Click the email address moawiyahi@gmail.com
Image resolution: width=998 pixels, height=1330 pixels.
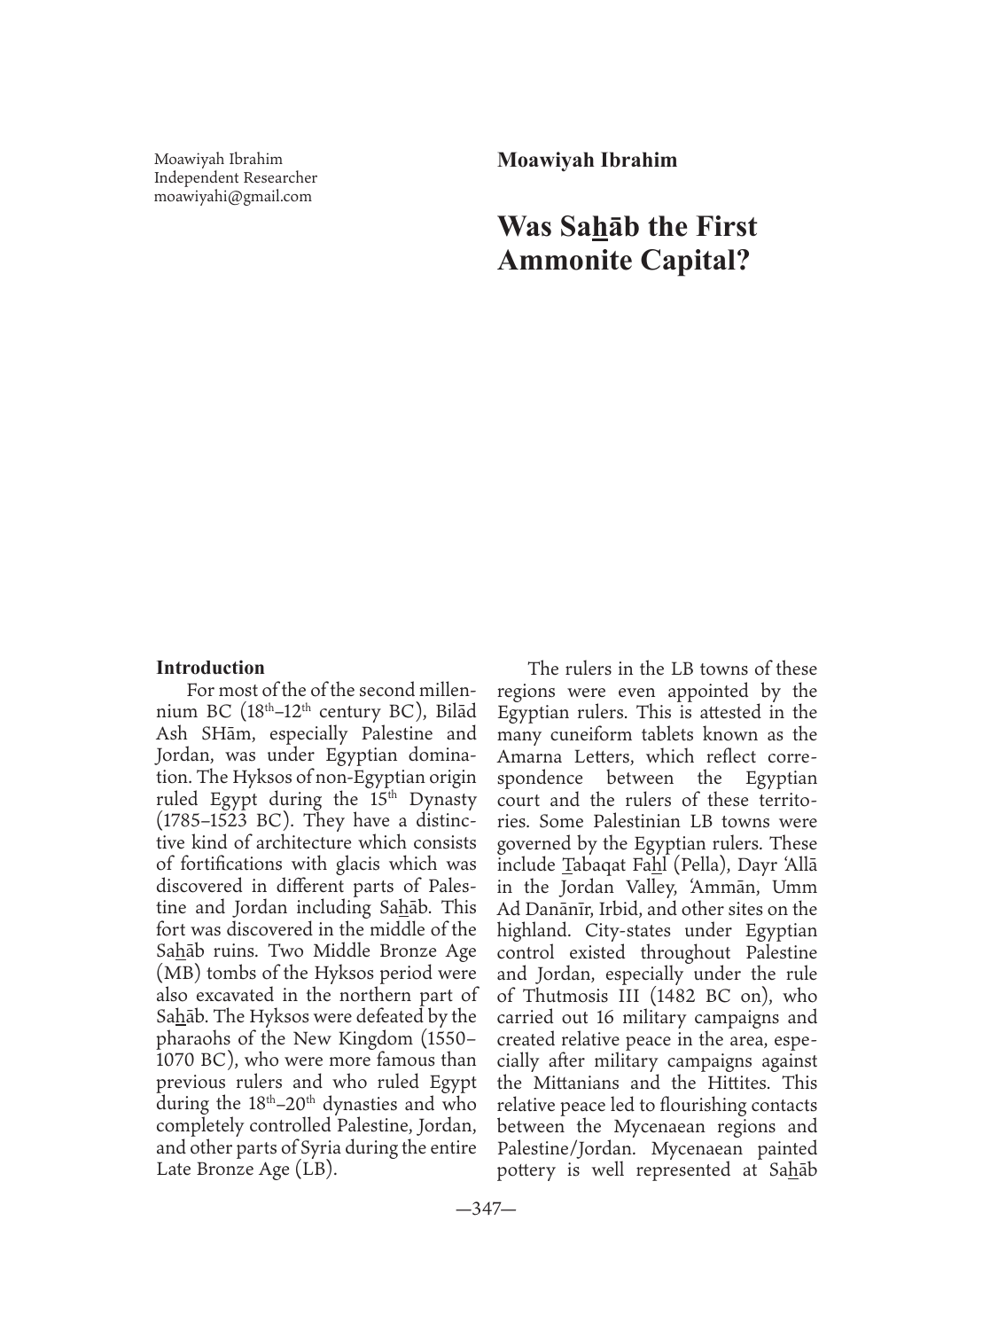(x=232, y=197)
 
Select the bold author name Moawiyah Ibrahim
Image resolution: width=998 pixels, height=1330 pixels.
(x=587, y=160)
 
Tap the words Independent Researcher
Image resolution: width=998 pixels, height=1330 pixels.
(x=235, y=178)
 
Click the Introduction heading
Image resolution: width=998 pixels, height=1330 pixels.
(x=210, y=668)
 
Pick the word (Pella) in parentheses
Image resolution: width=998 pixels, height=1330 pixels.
(x=698, y=865)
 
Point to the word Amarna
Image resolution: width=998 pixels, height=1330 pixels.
(x=529, y=756)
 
